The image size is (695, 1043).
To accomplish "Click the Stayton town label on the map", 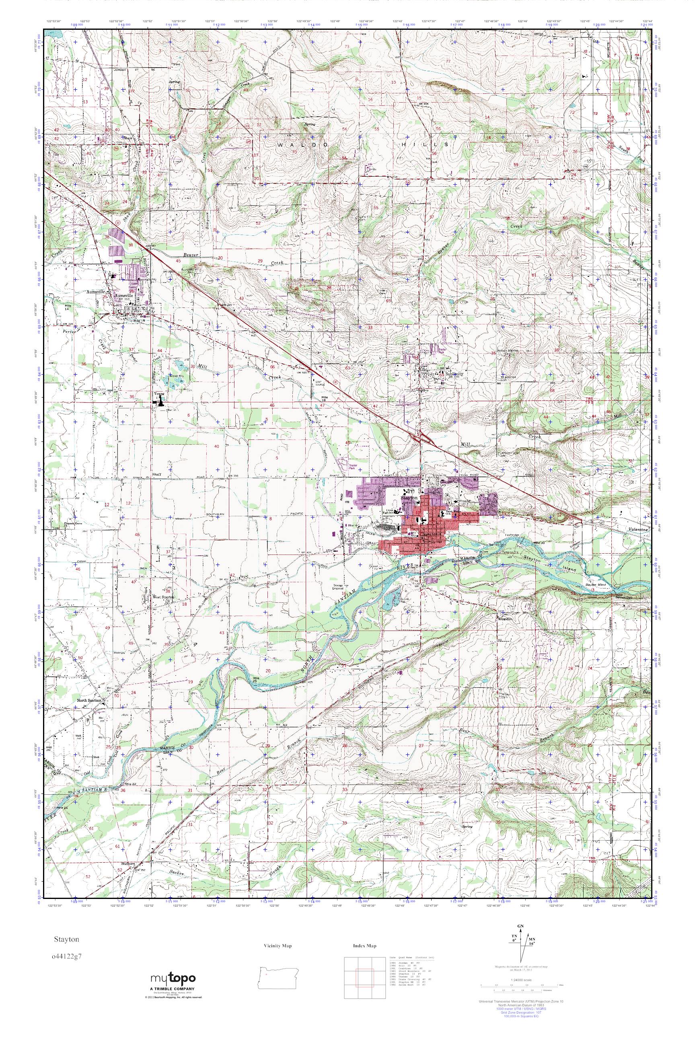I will point(409,499).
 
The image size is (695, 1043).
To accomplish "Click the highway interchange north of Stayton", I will point(423,438).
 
